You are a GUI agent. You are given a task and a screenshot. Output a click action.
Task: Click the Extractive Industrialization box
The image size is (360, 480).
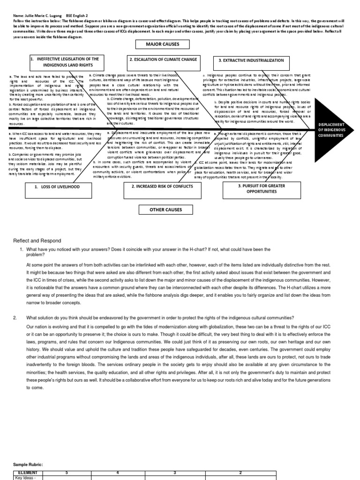pos(251,60)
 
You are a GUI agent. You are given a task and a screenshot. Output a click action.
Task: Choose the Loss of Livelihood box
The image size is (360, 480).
pos(58,187)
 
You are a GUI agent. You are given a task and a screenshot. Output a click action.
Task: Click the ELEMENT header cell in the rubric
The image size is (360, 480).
pos(27,473)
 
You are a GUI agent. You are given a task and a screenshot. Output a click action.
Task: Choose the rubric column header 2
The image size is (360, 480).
pos(240,473)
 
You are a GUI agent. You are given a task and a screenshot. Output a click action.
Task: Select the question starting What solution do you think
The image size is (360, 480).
pos(160,317)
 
